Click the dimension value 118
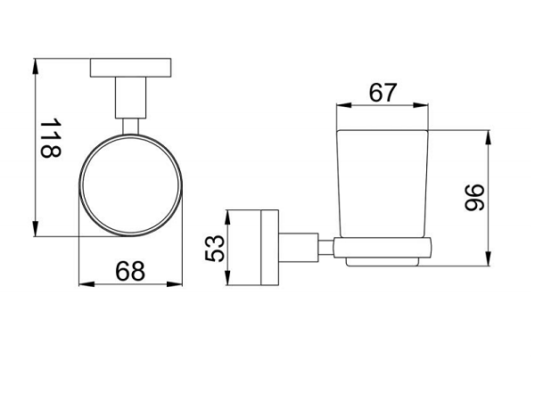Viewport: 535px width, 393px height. pos(51,138)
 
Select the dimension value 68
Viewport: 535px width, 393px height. pos(130,271)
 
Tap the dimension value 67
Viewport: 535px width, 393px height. pos(383,92)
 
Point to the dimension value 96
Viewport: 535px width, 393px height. pos(474,198)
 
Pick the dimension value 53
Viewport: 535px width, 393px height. pos(215,249)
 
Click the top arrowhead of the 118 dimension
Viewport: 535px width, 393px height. pos(36,67)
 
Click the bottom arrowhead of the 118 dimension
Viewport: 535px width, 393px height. pos(36,228)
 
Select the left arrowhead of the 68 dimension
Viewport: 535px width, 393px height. pos(87,283)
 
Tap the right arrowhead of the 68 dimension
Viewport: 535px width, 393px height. pos(175,283)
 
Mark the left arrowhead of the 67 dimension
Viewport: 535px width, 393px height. pos(344,105)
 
